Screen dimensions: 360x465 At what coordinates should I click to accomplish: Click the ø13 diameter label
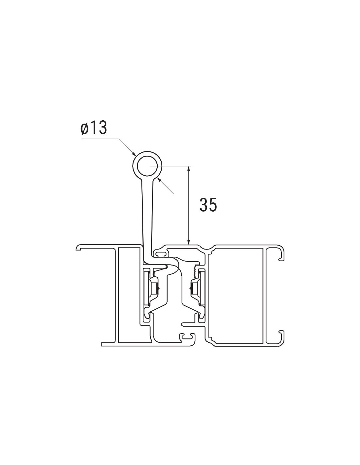[94, 129]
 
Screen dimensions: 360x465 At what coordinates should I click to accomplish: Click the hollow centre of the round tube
[147, 166]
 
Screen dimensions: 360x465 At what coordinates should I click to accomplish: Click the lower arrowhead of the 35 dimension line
[189, 241]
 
